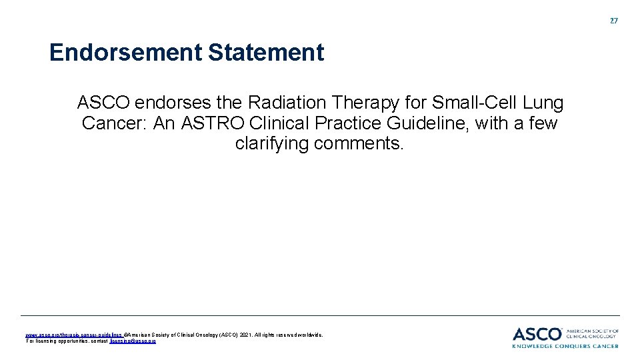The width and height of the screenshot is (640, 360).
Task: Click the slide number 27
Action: [614, 21]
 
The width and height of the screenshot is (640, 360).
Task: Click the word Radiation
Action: [288, 103]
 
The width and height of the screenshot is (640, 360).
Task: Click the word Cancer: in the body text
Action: [115, 124]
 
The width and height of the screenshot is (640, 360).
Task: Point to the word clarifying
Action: [272, 144]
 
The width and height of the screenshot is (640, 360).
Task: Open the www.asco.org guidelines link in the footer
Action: [73, 335]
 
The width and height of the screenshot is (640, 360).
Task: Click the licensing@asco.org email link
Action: [133, 341]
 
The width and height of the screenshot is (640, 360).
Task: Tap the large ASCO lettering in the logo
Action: [537, 333]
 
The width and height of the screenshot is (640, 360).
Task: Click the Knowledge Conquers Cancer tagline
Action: [565, 346]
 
